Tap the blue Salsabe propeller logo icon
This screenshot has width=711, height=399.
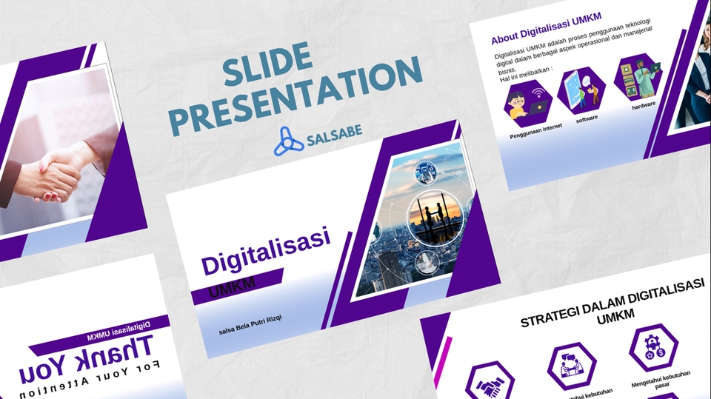coord(288,141)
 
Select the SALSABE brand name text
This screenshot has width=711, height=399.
coord(334,139)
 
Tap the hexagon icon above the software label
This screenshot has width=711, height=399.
coord(582,90)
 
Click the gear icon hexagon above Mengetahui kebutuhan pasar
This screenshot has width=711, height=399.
coord(653,346)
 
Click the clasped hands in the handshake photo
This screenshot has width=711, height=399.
coord(56,174)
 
